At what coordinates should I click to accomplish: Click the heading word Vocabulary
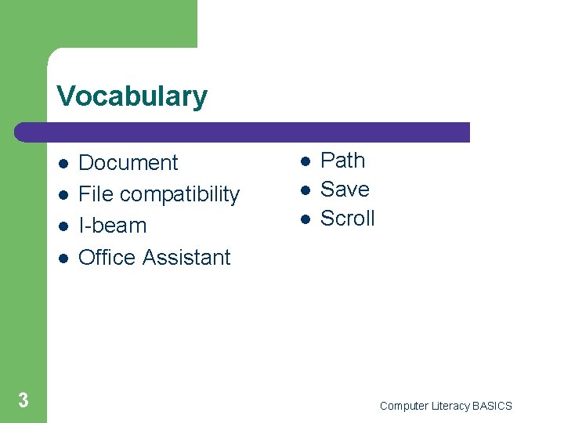tap(132, 96)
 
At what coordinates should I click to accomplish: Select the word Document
tap(128, 163)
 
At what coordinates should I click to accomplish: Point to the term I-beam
tap(113, 226)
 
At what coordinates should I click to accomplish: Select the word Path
tap(343, 161)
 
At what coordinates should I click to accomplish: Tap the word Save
tap(345, 190)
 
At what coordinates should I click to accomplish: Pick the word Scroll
tap(348, 219)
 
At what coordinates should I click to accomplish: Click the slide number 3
tap(23, 401)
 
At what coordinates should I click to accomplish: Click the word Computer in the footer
tap(404, 406)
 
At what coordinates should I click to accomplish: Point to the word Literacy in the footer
tap(450, 406)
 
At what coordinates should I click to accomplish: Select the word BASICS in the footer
tap(492, 406)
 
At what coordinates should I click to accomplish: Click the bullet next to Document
tap(62, 164)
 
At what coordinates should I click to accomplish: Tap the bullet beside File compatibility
tap(62, 195)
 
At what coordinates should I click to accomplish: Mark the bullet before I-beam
tap(62, 226)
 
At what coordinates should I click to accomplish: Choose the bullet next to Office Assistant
tap(62, 258)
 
